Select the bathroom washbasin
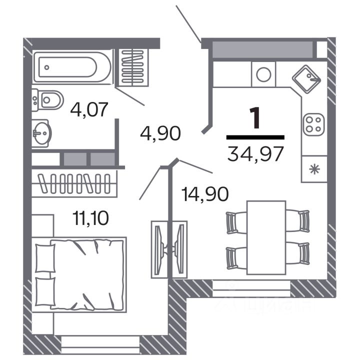click(x=41, y=133)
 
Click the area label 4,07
click(x=89, y=109)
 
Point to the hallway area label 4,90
click(x=160, y=134)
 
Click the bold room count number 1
click(x=255, y=119)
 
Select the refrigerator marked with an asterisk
click(x=314, y=168)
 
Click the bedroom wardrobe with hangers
click(x=75, y=183)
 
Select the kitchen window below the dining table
click(x=251, y=288)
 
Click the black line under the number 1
click(x=255, y=136)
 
